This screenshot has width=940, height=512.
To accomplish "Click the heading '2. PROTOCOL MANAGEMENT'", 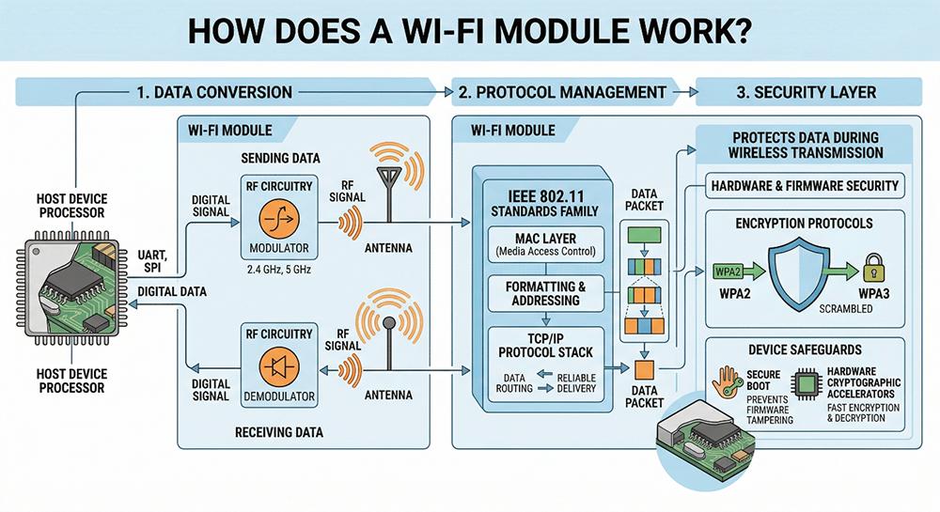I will [562, 92].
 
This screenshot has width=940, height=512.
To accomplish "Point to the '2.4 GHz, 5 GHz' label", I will [276, 269].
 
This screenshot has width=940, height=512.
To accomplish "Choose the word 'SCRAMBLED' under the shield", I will [816, 308].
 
